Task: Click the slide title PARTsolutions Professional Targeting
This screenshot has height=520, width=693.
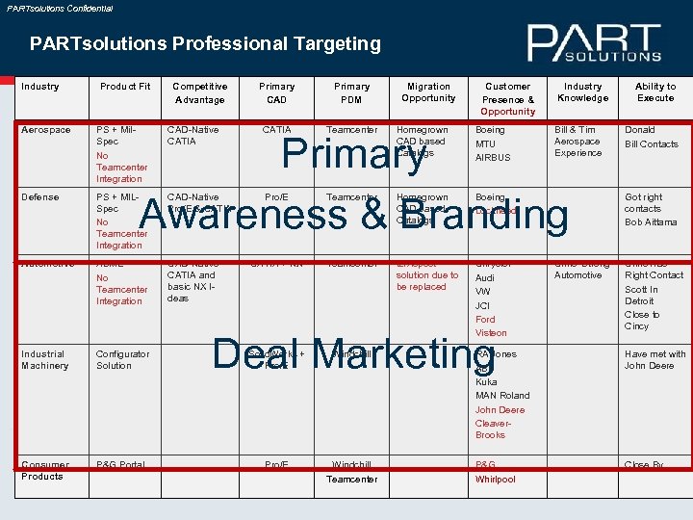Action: (205, 43)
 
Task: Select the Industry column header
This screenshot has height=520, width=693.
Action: (39, 87)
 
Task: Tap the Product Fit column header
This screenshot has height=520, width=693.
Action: (125, 87)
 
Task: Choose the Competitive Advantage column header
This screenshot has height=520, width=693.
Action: (200, 92)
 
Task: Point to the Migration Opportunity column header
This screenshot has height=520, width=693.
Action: (428, 92)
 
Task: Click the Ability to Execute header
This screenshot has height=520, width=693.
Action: (655, 92)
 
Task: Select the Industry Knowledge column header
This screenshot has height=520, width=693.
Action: (582, 92)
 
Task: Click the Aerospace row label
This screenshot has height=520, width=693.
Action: (46, 130)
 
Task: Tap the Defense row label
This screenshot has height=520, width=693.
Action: (40, 197)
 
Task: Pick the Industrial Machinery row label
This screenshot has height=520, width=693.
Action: (44, 360)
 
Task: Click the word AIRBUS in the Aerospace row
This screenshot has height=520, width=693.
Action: (493, 158)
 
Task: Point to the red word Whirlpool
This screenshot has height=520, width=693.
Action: (495, 480)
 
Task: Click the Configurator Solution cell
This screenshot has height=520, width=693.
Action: (123, 360)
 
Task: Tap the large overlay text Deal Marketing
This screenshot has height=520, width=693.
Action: (353, 353)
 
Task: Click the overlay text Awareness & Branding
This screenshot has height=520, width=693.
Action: (354, 215)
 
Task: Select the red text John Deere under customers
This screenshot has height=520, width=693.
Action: (500, 410)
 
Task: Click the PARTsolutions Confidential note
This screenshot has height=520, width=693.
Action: (60, 8)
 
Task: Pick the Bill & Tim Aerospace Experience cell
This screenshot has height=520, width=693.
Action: (577, 142)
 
